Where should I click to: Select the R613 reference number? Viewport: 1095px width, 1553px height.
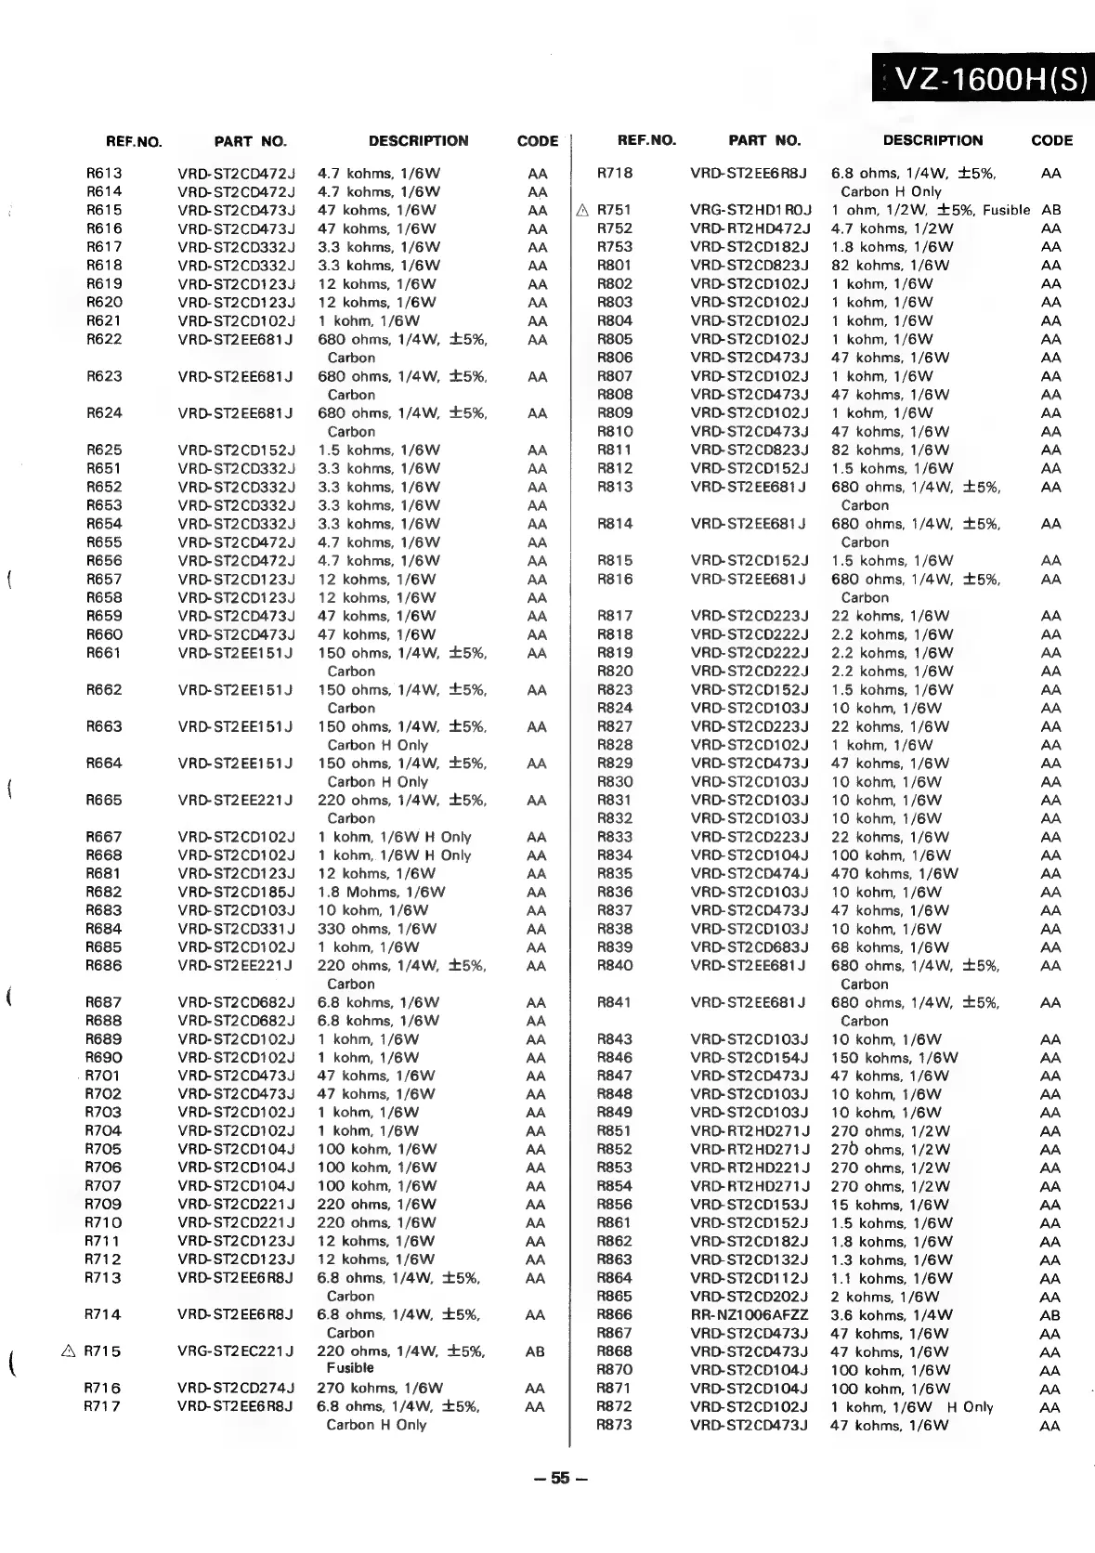point(104,173)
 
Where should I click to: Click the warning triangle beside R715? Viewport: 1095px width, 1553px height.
point(68,1351)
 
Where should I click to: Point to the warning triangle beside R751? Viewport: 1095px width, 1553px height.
point(582,210)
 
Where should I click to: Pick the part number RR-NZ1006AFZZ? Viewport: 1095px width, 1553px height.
point(750,1314)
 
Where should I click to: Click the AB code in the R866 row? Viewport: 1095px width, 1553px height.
point(1050,1314)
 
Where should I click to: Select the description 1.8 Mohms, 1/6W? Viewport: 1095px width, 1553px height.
point(381,892)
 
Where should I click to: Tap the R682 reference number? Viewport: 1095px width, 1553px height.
point(104,892)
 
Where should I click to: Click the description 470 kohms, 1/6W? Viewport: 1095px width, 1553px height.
point(894,873)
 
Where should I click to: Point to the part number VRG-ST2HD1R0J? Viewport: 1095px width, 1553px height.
point(751,210)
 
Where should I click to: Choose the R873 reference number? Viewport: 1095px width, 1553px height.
point(615,1425)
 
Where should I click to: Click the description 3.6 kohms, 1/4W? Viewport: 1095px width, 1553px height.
point(892,1314)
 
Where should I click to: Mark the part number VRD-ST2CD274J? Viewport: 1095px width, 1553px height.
point(236,1388)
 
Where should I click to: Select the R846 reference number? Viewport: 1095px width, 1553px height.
point(615,1057)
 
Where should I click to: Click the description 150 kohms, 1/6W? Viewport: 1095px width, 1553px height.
point(894,1057)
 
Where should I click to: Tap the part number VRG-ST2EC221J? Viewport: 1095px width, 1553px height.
point(236,1351)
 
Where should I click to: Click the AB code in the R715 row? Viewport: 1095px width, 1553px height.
point(536,1351)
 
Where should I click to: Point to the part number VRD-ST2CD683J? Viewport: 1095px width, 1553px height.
point(750,947)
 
